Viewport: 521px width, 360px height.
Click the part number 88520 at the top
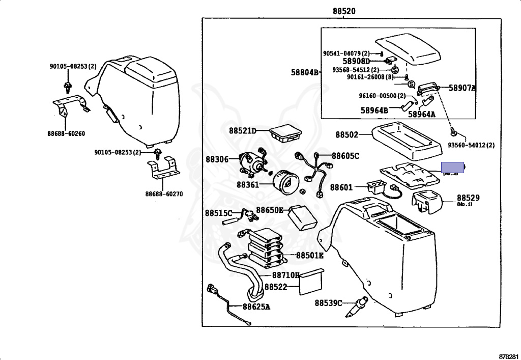pos(344,11)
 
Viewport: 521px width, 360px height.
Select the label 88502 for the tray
pos(347,135)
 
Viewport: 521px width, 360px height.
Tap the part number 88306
pos(217,159)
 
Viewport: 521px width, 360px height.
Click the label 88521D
pos(242,131)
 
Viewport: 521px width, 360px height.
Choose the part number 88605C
pos(345,156)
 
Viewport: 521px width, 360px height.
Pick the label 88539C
pos(329,303)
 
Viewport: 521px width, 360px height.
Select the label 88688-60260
pos(66,134)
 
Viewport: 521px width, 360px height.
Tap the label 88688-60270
pos(164,194)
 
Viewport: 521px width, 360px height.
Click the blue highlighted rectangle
pos(452,168)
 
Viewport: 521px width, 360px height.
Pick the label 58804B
pos(305,73)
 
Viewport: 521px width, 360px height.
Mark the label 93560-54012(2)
pos(472,145)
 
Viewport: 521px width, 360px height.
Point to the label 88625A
pos(256,307)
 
